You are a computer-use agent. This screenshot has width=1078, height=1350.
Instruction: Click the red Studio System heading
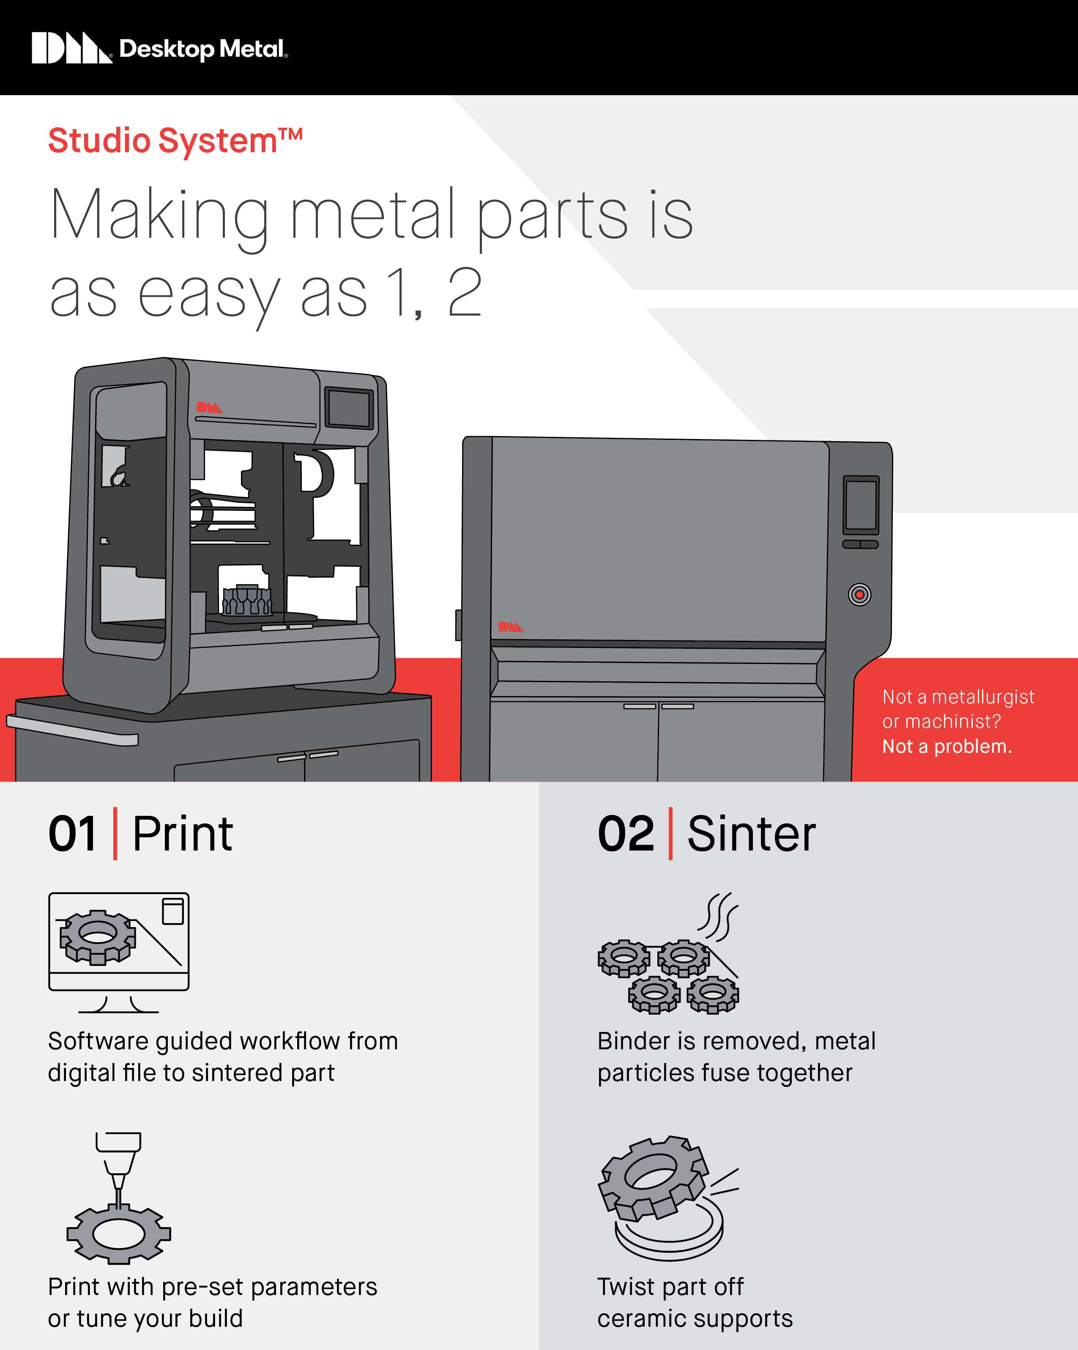[175, 140]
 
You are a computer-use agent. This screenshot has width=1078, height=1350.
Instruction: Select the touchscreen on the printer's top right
[349, 408]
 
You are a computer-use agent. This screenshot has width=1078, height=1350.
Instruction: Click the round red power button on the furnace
[859, 594]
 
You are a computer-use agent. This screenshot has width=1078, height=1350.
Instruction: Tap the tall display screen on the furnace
[861, 504]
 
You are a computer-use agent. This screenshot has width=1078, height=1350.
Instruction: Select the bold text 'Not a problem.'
[947, 746]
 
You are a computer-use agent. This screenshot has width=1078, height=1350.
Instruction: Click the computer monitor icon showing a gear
[118, 942]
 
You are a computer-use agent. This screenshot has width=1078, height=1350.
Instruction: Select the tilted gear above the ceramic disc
[653, 1177]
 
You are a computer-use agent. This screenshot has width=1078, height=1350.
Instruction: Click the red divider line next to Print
[115, 834]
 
